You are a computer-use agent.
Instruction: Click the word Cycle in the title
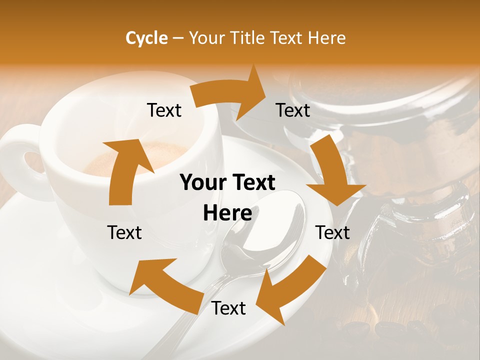(146, 38)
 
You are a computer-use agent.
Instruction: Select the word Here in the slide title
(324, 38)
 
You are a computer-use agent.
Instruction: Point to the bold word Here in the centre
(227, 213)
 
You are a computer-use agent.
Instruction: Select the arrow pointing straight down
(332, 172)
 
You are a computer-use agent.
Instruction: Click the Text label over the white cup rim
(164, 110)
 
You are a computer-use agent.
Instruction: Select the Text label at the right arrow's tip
(293, 110)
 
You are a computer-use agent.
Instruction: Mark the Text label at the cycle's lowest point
(228, 308)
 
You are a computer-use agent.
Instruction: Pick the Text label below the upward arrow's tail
(124, 232)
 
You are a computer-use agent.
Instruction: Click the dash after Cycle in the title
(178, 38)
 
